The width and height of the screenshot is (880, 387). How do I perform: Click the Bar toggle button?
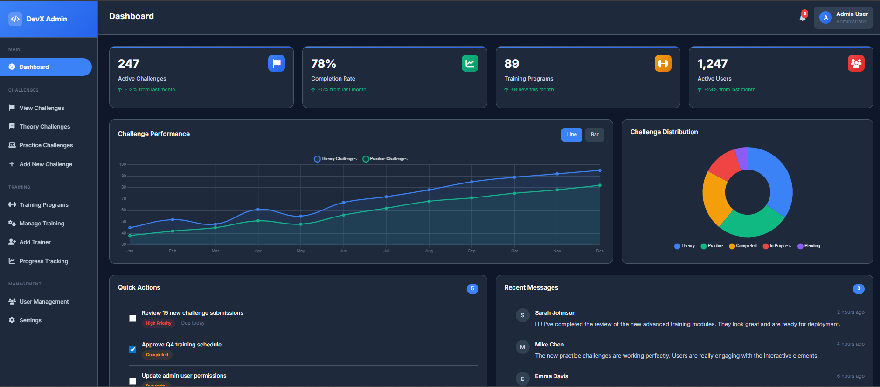tap(594, 135)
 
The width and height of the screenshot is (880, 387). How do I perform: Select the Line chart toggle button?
tap(571, 135)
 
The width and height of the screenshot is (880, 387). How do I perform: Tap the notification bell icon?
tap(802, 17)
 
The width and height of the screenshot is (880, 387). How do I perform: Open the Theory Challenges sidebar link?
tap(45, 127)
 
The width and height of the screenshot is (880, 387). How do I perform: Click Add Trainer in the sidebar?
tap(35, 242)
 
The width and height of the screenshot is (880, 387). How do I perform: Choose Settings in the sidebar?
tap(30, 320)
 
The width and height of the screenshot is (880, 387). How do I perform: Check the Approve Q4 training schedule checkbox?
tap(133, 349)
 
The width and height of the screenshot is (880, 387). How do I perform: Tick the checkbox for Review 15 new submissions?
tap(133, 319)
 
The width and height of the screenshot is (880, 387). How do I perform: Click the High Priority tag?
tap(159, 323)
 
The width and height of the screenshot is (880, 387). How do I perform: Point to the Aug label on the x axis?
tap(429, 251)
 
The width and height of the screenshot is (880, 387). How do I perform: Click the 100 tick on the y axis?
tap(123, 164)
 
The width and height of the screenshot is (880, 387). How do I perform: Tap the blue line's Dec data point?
tap(600, 170)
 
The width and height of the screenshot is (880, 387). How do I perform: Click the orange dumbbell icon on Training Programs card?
tap(663, 63)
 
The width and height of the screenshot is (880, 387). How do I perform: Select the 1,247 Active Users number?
tap(712, 64)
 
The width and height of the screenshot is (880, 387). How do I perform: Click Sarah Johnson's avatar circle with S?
tap(522, 315)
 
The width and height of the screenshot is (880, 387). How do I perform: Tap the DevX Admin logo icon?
tap(15, 19)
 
